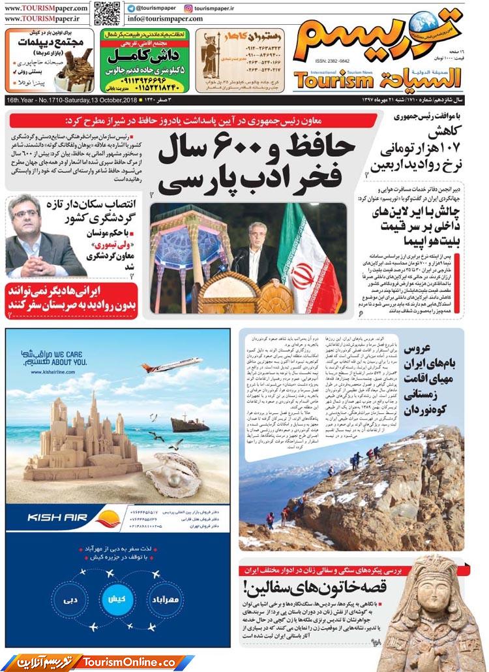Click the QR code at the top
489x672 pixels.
click(x=106, y=13)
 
